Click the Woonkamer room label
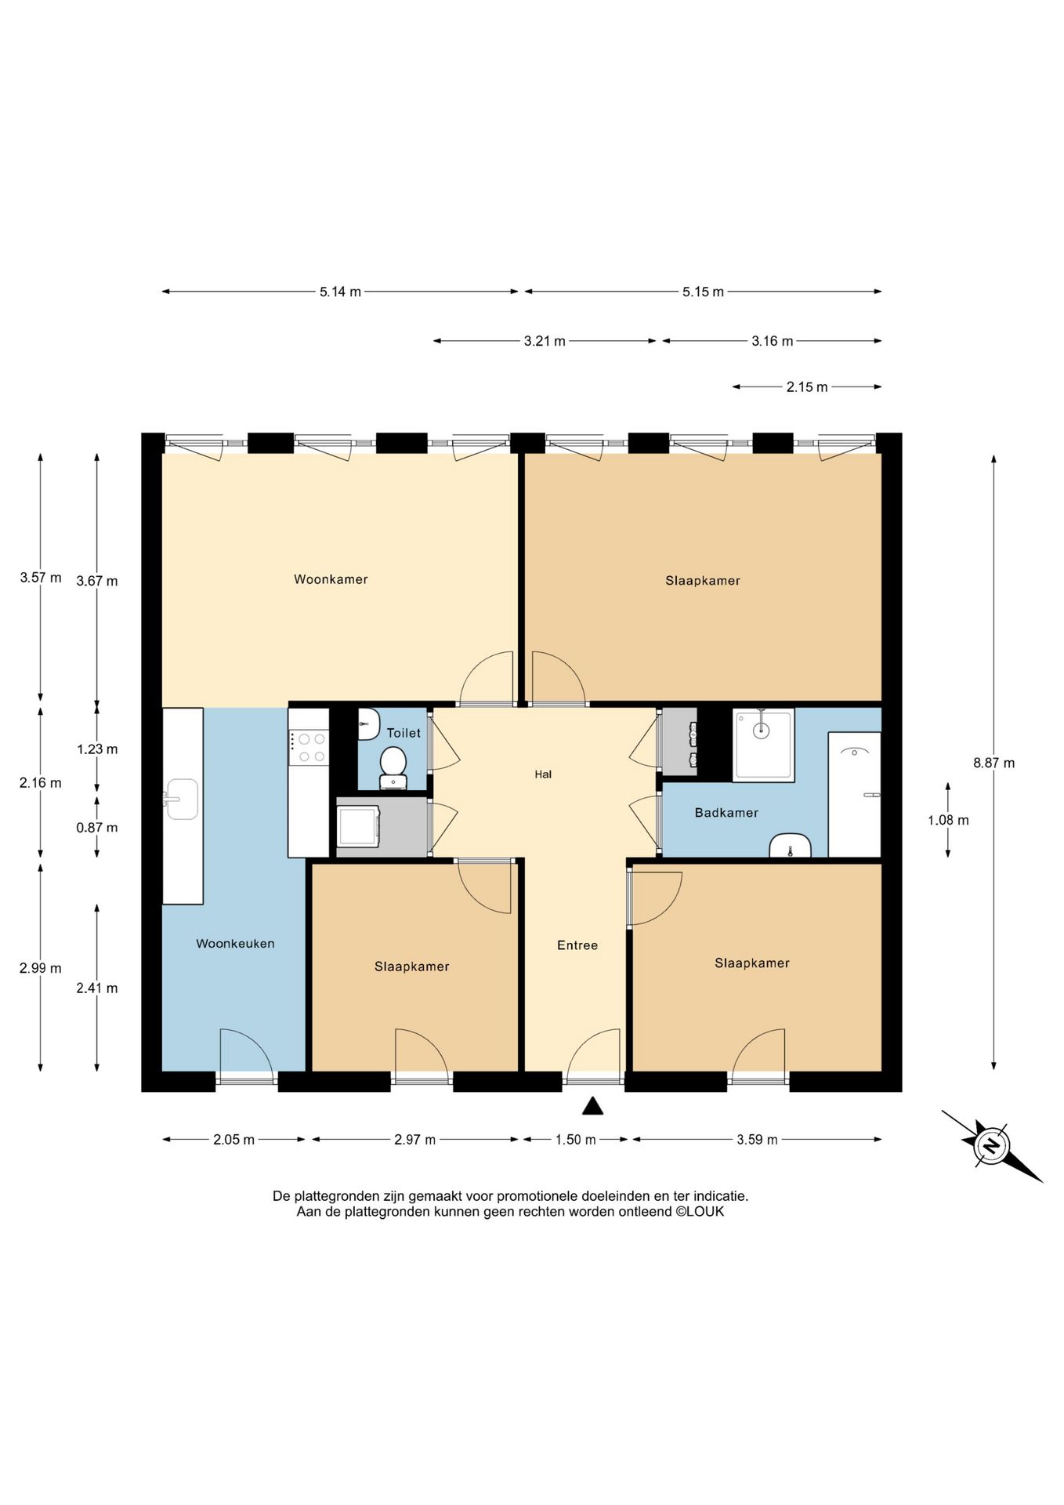[331, 579]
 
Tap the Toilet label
[404, 733]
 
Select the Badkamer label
[726, 813]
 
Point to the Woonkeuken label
[235, 944]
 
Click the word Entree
[577, 945]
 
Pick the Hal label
[543, 774]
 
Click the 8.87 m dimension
[993, 763]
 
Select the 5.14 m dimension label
[340, 292]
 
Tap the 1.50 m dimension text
[576, 1140]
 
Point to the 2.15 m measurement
[807, 387]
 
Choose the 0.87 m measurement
[97, 828]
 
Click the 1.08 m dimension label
[948, 821]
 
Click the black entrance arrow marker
[592, 1106]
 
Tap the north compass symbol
[993, 1146]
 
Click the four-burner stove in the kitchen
[309, 747]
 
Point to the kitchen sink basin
[182, 800]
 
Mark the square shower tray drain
[761, 730]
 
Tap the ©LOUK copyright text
[700, 1211]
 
